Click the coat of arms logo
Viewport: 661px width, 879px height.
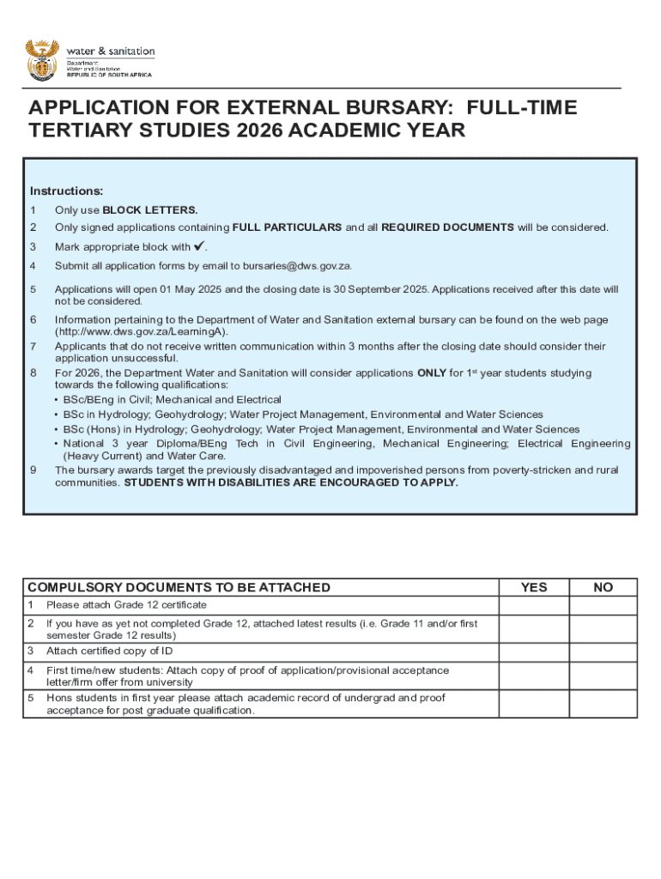[x=42, y=58]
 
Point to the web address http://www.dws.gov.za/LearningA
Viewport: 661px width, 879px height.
[x=142, y=331]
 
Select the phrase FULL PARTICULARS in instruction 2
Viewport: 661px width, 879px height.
[x=288, y=227]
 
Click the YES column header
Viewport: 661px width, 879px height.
[x=534, y=587]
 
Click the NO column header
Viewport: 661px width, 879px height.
[x=603, y=587]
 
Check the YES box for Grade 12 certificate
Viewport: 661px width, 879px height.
[x=534, y=605]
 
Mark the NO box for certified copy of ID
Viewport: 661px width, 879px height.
[x=603, y=651]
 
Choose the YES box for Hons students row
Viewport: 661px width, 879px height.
[x=534, y=704]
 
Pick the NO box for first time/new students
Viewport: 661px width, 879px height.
[x=603, y=676]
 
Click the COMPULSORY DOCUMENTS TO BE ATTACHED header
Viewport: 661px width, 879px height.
[x=179, y=587]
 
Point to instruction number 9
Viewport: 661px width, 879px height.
[x=33, y=470]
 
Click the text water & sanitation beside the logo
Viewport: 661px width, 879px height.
[x=111, y=51]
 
